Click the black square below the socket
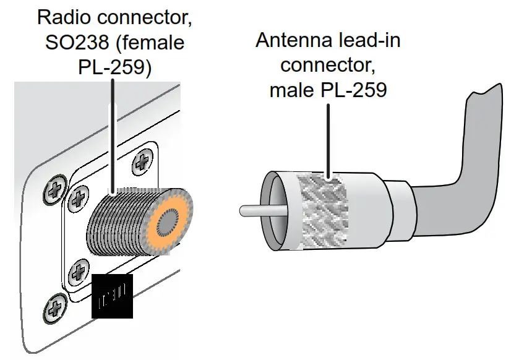coord(113,296)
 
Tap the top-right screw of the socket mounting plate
coord(143,163)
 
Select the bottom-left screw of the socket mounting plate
coord(79,270)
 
